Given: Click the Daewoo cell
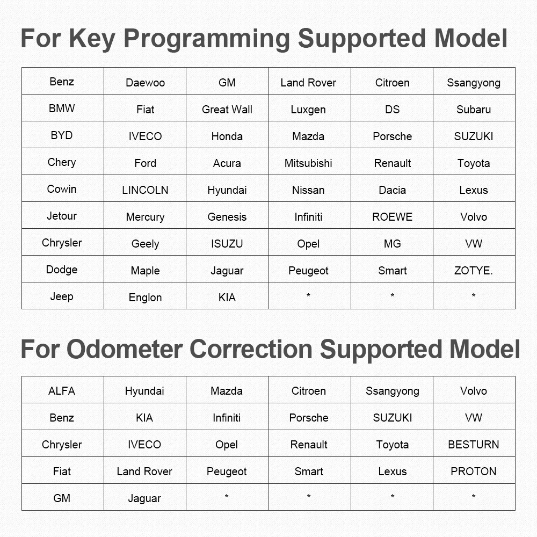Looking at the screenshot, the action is pos(145,81).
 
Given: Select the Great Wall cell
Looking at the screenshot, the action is pos(227,108).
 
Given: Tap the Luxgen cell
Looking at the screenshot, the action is pos(310,108).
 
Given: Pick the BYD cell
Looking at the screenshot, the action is pos(63,135).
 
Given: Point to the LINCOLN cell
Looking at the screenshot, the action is pos(145,188).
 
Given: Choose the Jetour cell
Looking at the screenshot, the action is pos(63,215).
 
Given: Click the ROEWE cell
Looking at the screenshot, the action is pos(392,215).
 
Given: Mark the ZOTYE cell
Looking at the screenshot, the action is pos(474,269).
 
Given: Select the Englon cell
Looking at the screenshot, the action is pos(145,296).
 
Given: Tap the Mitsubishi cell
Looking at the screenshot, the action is pos(310,162).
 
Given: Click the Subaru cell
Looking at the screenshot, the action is pos(474,108).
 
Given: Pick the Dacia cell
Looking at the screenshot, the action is pos(392,188).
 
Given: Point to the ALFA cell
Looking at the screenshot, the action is pos(63,390).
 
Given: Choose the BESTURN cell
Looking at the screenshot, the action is pos(474,444).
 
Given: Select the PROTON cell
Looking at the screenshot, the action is pos(474,470).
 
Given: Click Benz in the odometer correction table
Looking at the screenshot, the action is pos(63,417).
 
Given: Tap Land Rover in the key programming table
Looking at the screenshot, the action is pos(310,81).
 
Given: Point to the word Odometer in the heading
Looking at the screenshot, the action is pos(125,350).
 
